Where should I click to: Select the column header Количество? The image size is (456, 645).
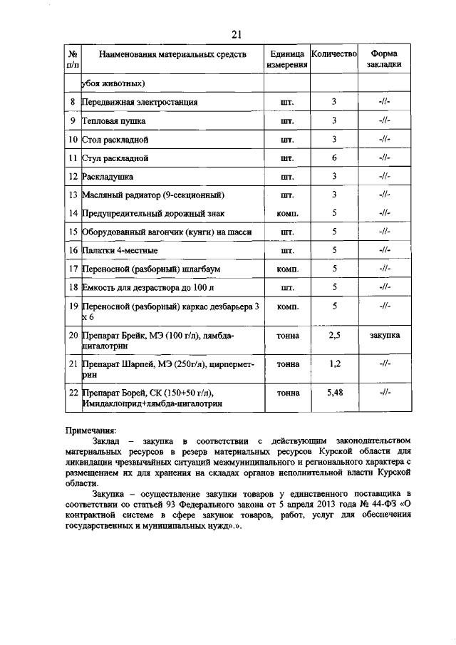pos(333,53)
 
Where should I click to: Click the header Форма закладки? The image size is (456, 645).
pos(383,58)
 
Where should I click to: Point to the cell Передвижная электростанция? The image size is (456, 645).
pos(139,102)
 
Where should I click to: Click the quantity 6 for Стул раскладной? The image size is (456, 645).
pos(333,158)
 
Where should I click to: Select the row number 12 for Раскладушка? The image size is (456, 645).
pos(72,176)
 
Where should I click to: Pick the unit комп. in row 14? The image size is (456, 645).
pos(287,213)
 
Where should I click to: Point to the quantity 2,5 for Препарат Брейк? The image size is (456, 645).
pos(333,334)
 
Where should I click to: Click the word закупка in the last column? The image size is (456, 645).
pos(384,334)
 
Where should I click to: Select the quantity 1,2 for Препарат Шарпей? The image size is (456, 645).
pos(333,363)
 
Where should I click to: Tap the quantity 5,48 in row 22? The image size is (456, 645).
pos(333,392)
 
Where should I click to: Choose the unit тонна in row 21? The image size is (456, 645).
pos(287,363)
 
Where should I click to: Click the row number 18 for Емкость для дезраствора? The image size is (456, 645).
pos(72,287)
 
